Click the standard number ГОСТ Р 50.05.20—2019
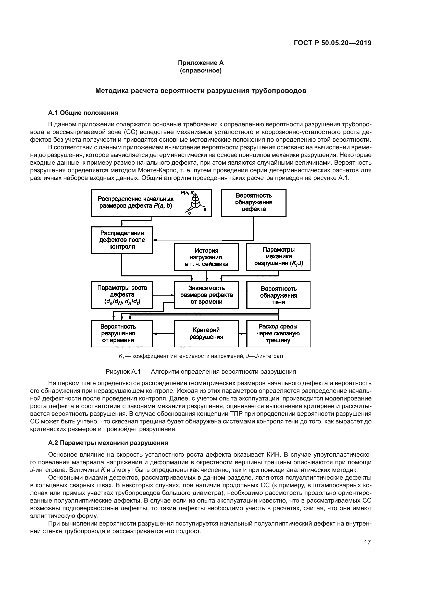[x=332, y=43]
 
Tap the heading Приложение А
[x=201, y=63]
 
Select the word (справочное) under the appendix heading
[x=201, y=70]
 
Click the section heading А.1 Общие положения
[x=83, y=113]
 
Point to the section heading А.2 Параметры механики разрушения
[x=108, y=443]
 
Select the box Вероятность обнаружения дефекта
[x=253, y=203]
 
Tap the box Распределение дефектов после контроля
[x=122, y=240]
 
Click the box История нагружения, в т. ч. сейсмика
[x=206, y=257]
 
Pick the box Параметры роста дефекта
[x=122, y=295]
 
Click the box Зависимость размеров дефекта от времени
[x=206, y=295]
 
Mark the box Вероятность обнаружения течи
[x=278, y=295]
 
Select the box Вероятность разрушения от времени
[x=122, y=333]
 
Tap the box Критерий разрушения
[x=206, y=333]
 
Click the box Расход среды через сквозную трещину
[x=278, y=333]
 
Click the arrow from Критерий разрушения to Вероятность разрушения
[x=164, y=333]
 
